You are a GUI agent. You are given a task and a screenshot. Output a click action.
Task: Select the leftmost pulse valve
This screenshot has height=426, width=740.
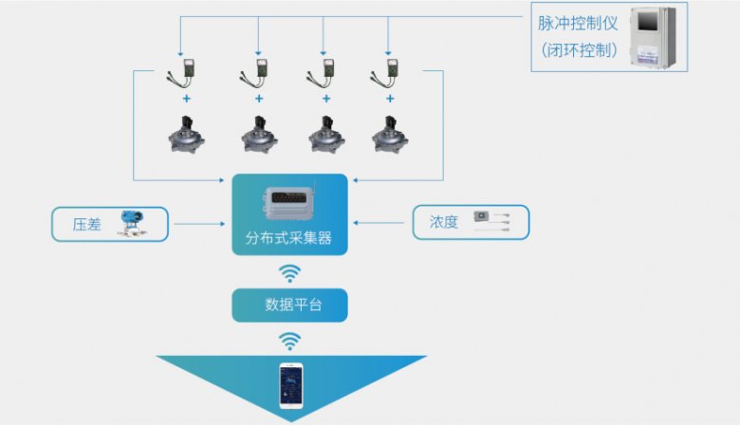[x=189, y=133]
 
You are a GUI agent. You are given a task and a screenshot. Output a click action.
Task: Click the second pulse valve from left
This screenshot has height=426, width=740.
[x=258, y=133]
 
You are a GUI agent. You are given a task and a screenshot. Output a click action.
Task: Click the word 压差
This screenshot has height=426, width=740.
[x=86, y=225]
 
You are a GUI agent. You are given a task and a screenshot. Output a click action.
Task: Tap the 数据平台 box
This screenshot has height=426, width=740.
[x=290, y=306]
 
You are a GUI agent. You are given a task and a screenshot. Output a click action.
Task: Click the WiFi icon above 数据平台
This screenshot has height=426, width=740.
[x=290, y=273]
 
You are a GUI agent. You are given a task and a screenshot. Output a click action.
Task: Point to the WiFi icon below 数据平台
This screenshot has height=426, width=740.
[x=290, y=340]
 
